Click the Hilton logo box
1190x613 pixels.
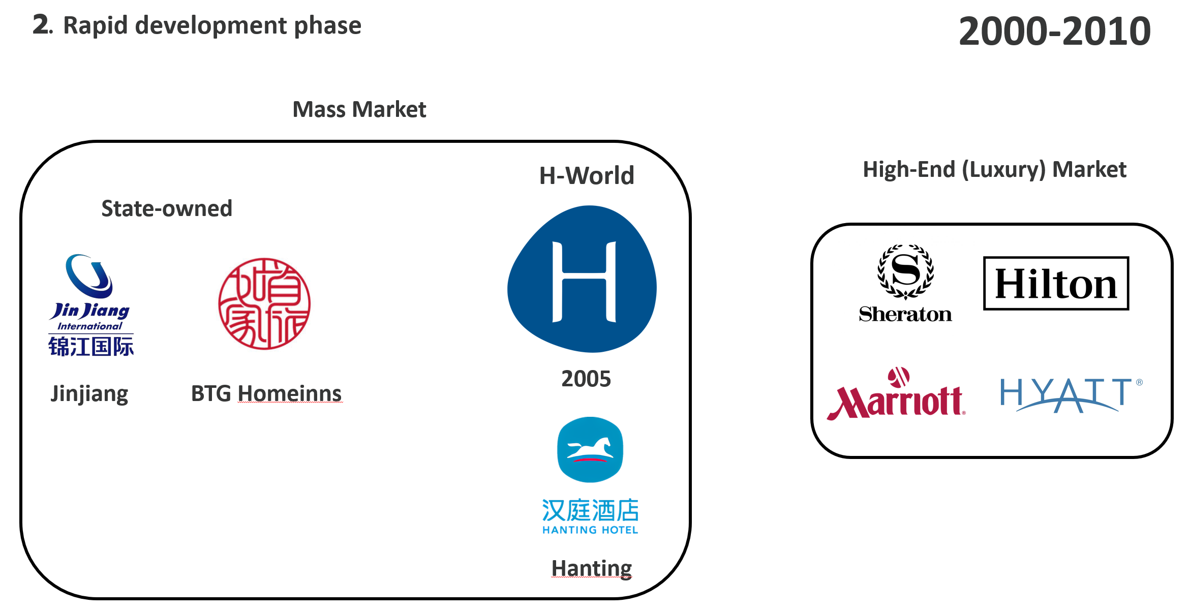[x=1056, y=283]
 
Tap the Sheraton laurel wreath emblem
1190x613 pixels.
[x=905, y=271]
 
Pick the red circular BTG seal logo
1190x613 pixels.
[x=264, y=304]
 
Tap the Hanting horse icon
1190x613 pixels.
[x=590, y=449]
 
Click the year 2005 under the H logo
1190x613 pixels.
[x=586, y=379]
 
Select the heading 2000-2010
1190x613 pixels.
[x=1054, y=32]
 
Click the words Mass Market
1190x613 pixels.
[x=359, y=109]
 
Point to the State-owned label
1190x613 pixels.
[x=167, y=208]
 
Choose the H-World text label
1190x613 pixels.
[x=587, y=176]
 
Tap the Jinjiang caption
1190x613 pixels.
[x=89, y=393]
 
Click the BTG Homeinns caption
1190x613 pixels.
[x=266, y=393]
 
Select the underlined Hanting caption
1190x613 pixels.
[x=591, y=568]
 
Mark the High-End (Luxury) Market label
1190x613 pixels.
[x=994, y=169]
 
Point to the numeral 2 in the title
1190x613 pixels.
[x=41, y=24]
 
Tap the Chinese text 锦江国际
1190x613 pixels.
[x=91, y=347]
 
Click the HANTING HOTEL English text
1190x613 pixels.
[x=590, y=530]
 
